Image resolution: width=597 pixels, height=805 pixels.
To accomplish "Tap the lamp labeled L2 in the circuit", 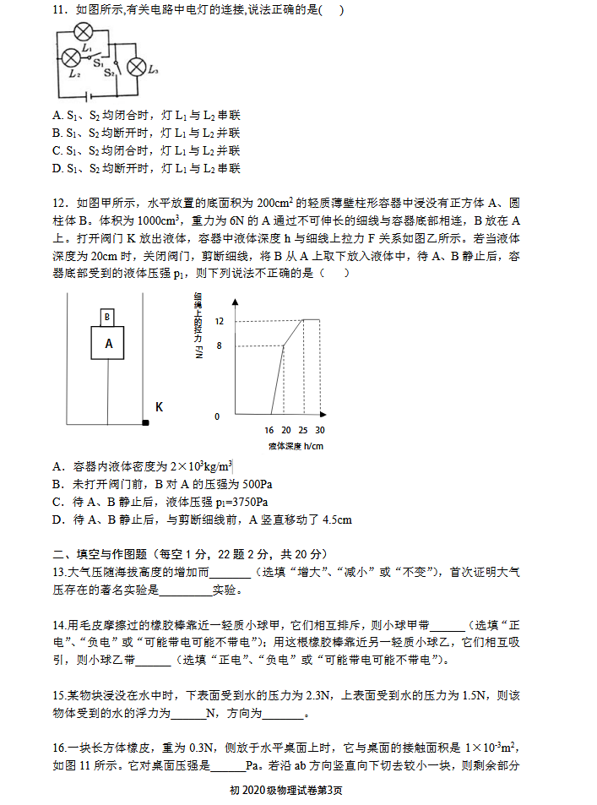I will click(71, 58).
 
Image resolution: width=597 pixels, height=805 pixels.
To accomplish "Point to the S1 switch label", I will click(97, 62).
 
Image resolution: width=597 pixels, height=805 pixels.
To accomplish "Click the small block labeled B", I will click(107, 317).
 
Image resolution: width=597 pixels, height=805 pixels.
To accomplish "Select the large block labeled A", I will click(108, 344).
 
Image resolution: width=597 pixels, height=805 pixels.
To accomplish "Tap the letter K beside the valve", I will click(159, 406).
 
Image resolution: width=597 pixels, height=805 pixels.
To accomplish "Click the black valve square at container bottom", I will click(145, 422).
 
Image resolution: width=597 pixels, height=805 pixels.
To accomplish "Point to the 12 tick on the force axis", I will click(219, 322).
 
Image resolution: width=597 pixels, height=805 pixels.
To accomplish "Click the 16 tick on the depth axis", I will click(269, 430).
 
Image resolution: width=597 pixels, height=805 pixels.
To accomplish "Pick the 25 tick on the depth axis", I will click(302, 430).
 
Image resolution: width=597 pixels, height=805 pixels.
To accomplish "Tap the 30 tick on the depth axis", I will click(320, 430).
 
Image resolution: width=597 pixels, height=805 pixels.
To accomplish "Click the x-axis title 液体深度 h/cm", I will click(296, 445).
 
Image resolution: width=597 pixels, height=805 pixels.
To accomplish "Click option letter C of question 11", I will click(57, 150).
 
